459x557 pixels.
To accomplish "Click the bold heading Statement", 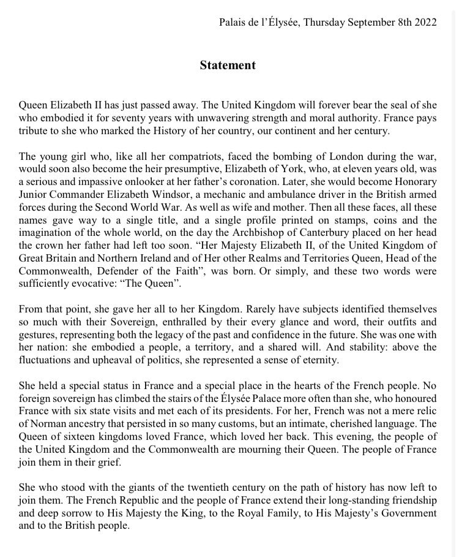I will click(x=227, y=65).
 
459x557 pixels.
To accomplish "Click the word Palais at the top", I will click(x=233, y=23).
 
